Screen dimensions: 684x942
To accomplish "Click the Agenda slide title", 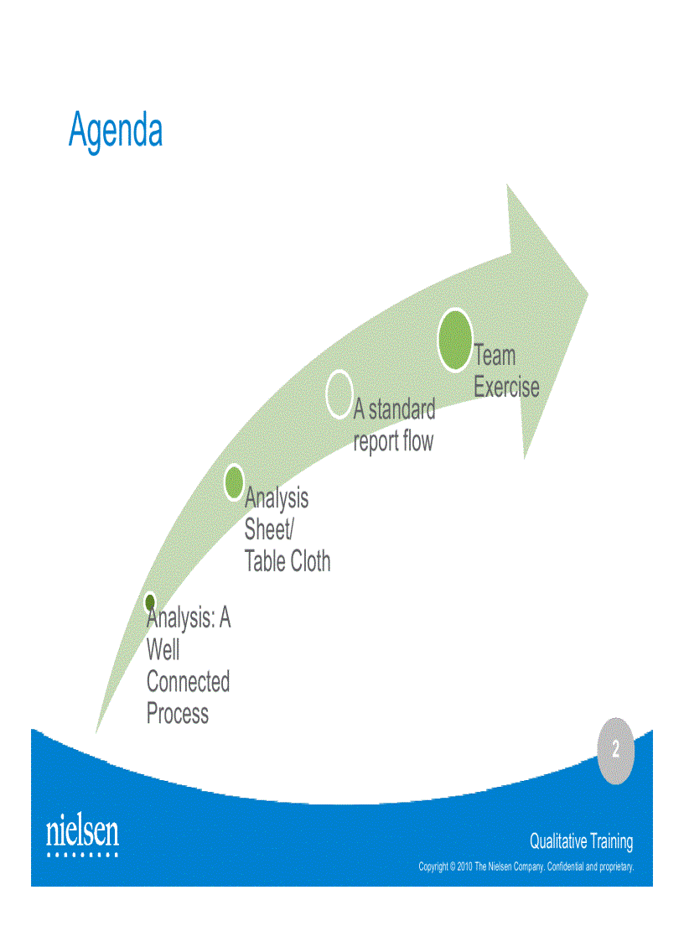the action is click(116, 130).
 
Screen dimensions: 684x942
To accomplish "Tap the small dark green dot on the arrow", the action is click(150, 601).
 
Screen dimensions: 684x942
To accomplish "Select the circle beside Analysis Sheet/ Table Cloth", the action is click(234, 481).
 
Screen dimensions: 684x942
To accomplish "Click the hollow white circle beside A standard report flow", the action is click(339, 394).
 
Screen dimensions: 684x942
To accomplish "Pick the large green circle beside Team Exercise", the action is click(455, 340).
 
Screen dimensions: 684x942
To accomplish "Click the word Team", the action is click(495, 355).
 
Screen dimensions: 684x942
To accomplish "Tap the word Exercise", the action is click(506, 387).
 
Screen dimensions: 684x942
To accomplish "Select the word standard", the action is click(402, 409).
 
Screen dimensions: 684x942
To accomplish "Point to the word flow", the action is click(418, 440).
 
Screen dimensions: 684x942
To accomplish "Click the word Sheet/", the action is click(269, 528).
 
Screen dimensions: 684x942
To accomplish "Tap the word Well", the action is click(163, 648).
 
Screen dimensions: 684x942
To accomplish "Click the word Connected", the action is click(188, 681).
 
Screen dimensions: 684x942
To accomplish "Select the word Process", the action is click(177, 713).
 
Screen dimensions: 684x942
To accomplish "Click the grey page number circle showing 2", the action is click(615, 751).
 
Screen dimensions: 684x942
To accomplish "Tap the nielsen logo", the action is click(83, 835).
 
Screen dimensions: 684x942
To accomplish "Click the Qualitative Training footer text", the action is click(581, 841).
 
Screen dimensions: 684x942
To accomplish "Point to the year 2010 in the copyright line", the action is click(465, 867).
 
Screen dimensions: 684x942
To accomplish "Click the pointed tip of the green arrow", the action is click(588, 294).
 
